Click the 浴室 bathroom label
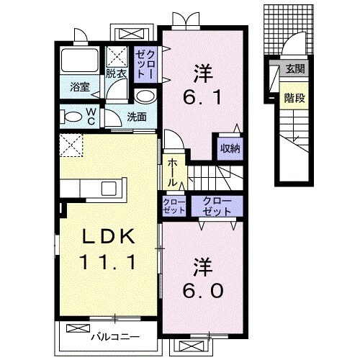pos(80,87)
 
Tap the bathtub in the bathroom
pos(80,60)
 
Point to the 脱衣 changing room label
pos(116,73)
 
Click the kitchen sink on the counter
pos(109,189)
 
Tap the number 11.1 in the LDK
pos(107,262)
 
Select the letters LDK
pos(109,236)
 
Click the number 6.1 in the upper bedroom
pos(202,97)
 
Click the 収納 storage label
pos(230,148)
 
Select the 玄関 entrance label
pos(295,69)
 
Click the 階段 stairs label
pos(294,98)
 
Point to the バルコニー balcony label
pos(115,337)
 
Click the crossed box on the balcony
pos(78,328)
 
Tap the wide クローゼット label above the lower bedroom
pos(217,206)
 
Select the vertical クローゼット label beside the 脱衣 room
pos(145,63)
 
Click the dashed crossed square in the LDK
pos(71,145)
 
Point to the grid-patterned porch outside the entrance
pos(289,29)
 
